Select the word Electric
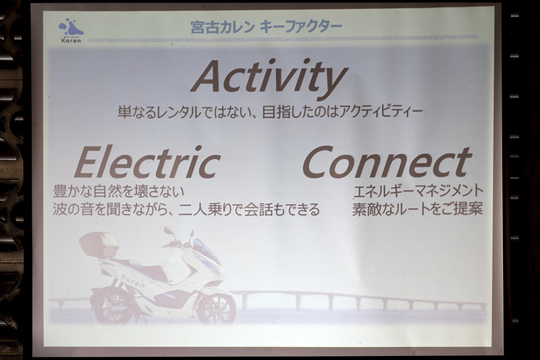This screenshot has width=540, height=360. click(x=147, y=163)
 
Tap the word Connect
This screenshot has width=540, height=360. click(x=386, y=163)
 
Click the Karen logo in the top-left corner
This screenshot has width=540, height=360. click(x=70, y=31)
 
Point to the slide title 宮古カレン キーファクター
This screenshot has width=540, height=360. click(x=266, y=27)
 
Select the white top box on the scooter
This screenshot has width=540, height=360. click(x=99, y=244)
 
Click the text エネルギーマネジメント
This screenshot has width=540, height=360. click(x=418, y=191)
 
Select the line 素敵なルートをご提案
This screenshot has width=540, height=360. click(x=418, y=209)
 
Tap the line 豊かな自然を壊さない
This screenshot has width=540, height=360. click(x=119, y=191)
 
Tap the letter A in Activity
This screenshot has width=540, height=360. click(x=207, y=76)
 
